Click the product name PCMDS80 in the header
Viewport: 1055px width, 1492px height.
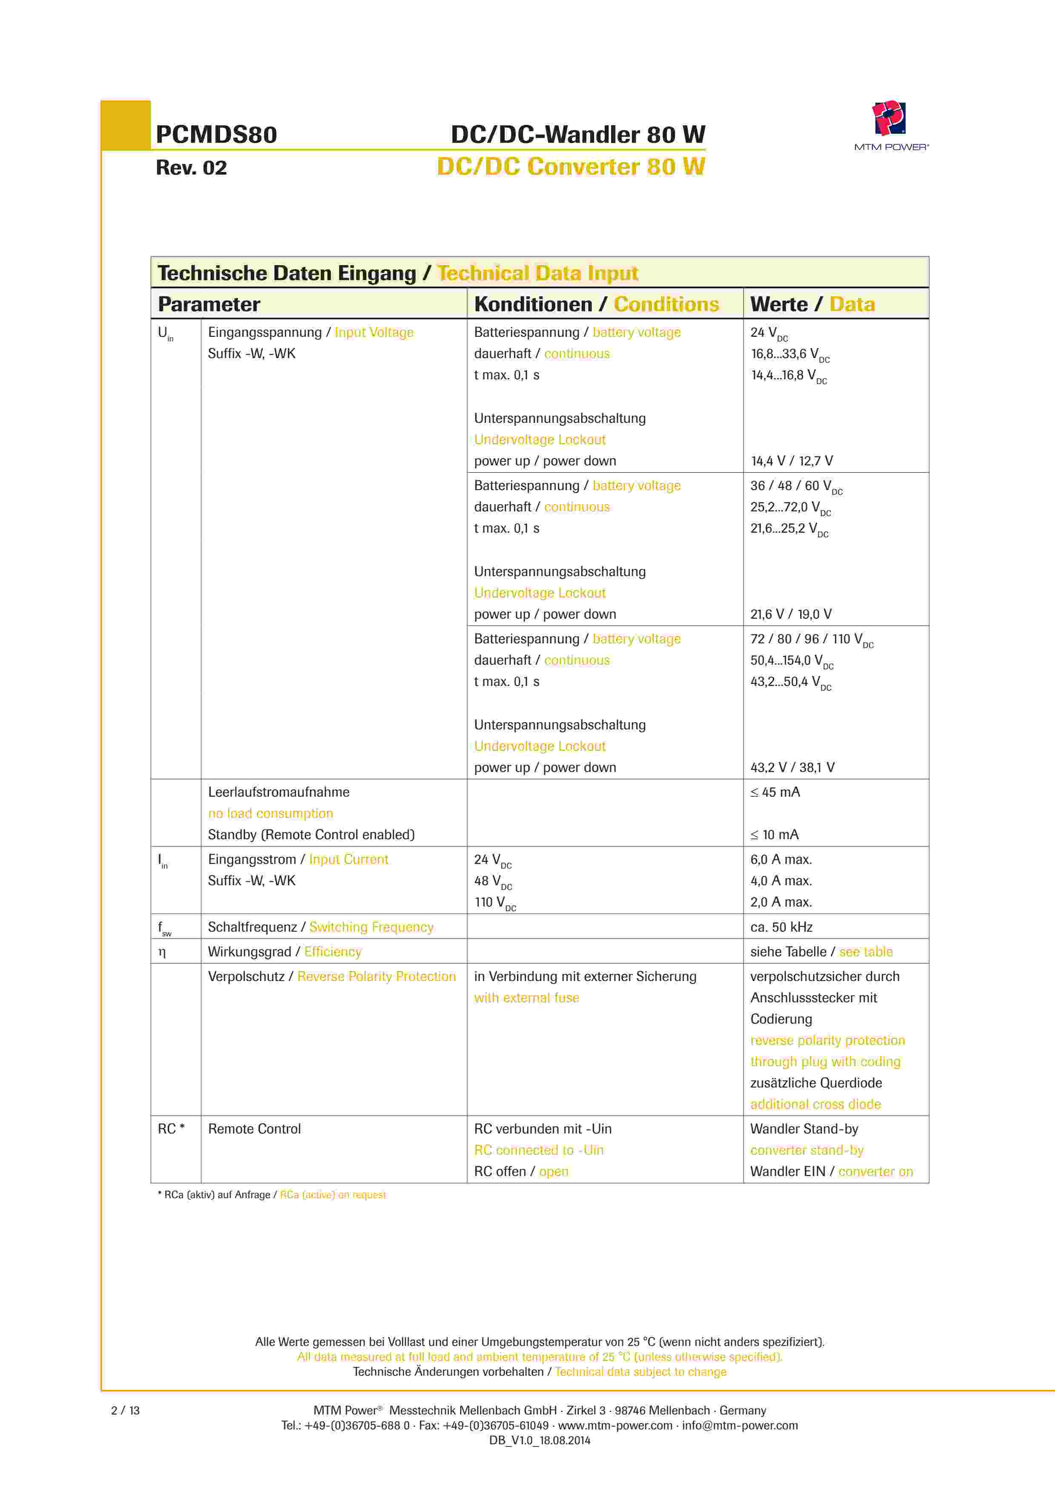[216, 135]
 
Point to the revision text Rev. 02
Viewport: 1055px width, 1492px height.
[192, 168]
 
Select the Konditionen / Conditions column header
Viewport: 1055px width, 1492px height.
[596, 304]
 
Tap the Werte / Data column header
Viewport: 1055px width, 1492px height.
[812, 304]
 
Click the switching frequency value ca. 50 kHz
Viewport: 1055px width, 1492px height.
[781, 927]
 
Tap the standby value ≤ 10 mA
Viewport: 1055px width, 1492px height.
[775, 835]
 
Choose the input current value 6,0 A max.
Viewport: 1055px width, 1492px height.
[781, 860]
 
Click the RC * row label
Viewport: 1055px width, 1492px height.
[171, 1129]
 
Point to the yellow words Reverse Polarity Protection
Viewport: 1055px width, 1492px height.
[376, 977]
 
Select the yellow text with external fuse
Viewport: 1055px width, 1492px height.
[526, 998]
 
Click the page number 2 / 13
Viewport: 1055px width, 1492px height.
[126, 1411]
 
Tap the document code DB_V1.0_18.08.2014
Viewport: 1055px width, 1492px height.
[539, 1440]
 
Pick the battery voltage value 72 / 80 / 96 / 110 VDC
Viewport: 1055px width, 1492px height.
[812, 640]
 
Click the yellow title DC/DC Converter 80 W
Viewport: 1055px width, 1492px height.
[570, 167]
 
